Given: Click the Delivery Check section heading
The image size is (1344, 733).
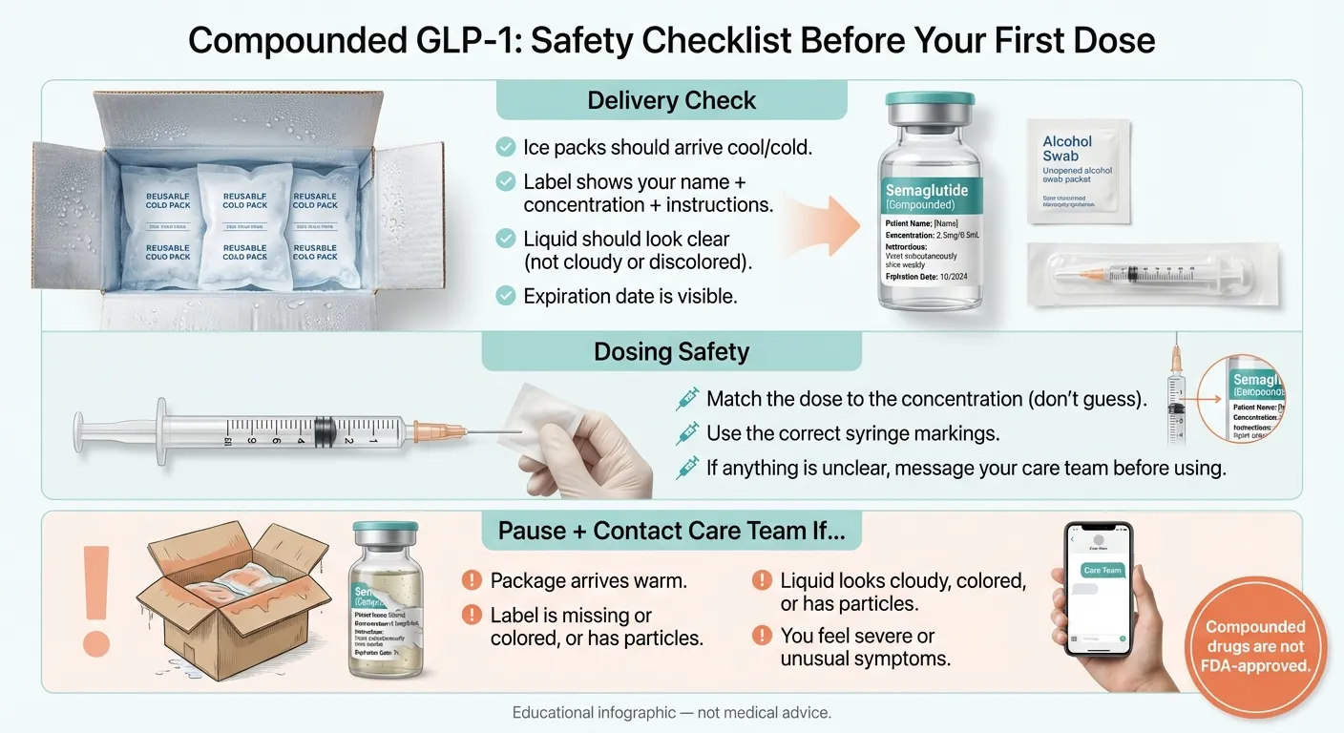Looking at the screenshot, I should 671,100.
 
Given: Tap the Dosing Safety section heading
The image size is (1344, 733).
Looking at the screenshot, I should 671,351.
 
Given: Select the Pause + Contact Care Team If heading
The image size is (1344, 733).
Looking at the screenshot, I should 671,531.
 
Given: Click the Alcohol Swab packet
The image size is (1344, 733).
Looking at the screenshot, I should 1080,172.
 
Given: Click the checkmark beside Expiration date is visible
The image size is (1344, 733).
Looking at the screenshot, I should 506,296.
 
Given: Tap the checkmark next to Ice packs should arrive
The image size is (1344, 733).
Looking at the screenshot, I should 506,147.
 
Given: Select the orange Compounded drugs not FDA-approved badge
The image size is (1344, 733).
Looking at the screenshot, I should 1255,646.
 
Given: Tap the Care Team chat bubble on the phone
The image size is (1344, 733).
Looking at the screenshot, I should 1102,570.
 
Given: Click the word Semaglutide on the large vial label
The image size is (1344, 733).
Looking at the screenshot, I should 926,191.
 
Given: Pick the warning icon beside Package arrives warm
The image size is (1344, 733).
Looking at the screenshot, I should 472,580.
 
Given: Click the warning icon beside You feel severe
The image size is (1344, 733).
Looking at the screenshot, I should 762,636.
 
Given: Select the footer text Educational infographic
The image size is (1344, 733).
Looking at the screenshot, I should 671,713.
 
